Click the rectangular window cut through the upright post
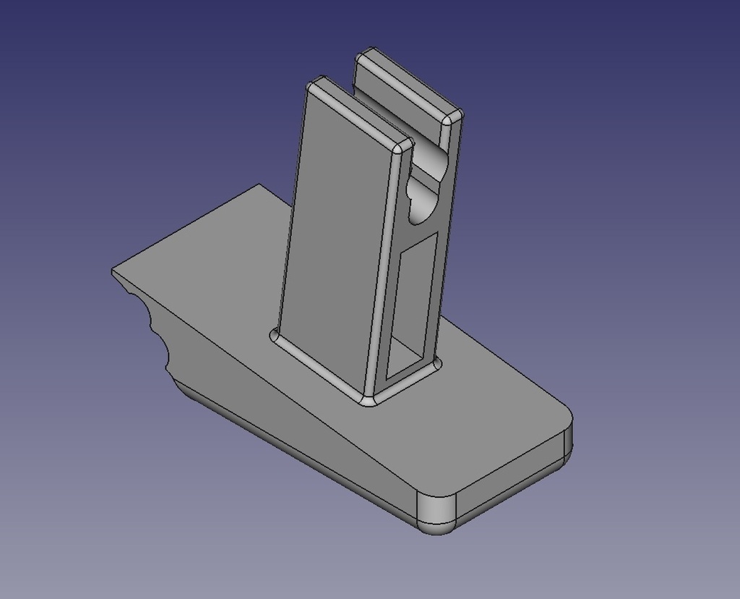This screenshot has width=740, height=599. [x=411, y=307]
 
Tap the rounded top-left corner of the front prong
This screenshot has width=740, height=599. [x=313, y=85]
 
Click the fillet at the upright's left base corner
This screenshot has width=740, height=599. [x=275, y=335]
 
